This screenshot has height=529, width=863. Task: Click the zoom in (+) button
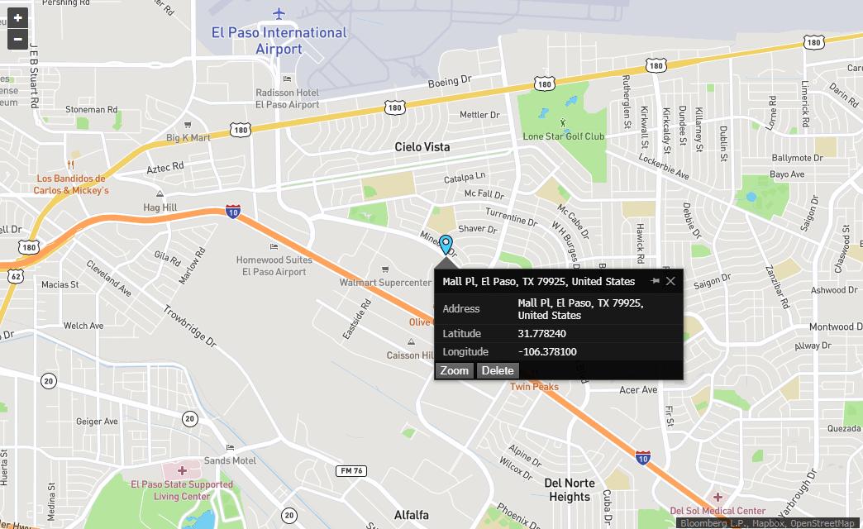[x=17, y=18]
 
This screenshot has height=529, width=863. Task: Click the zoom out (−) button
[x=17, y=39]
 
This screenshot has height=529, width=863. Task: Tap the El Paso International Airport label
[x=279, y=41]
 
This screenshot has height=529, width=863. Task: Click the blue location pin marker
[x=446, y=244]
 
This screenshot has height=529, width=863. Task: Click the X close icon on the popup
[x=670, y=281]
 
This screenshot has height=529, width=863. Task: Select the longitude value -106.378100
[x=547, y=352]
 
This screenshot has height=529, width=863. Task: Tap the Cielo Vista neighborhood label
[x=422, y=147]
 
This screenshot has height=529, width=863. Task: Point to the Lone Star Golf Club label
[x=564, y=136]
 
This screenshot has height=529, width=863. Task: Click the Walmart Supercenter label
[x=385, y=283]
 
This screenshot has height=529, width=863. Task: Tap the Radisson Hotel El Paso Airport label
[x=287, y=99]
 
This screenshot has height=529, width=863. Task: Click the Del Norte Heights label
[x=570, y=489]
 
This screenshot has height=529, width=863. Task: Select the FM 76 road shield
[x=350, y=470]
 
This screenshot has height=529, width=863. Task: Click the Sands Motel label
[x=230, y=460]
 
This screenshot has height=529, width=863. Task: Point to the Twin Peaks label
[x=534, y=387]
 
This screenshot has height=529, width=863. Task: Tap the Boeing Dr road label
[x=449, y=83]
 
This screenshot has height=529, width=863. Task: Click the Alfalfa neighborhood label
[x=412, y=515]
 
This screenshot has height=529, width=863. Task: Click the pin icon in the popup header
[x=655, y=281]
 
